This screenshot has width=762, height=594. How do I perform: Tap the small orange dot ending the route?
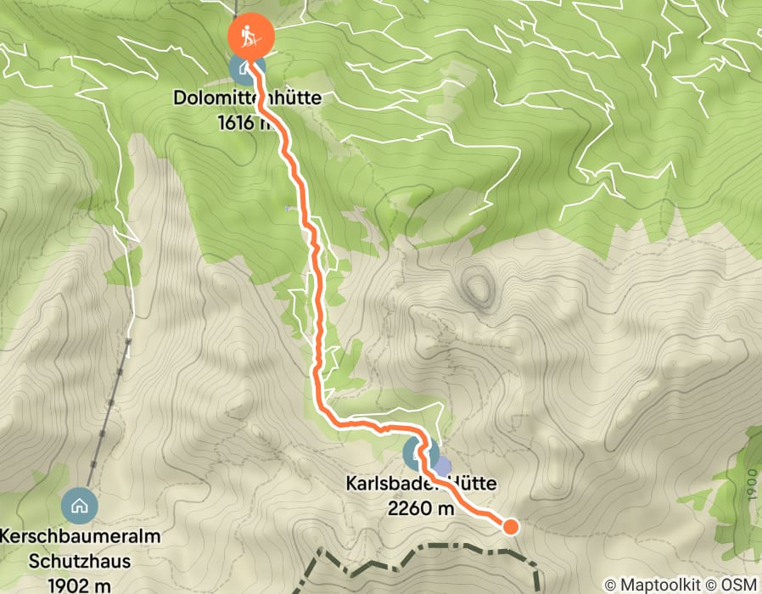click(x=510, y=527)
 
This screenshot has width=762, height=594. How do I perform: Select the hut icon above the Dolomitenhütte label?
click(x=244, y=68)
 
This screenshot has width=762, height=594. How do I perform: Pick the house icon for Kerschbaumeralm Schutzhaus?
click(x=80, y=506)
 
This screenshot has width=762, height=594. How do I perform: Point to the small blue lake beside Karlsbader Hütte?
click(x=442, y=466)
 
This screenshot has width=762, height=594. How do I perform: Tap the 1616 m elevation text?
click(x=246, y=121)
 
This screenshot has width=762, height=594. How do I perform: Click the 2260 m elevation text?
click(x=421, y=507)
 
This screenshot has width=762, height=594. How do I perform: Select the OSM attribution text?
click(x=739, y=585)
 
